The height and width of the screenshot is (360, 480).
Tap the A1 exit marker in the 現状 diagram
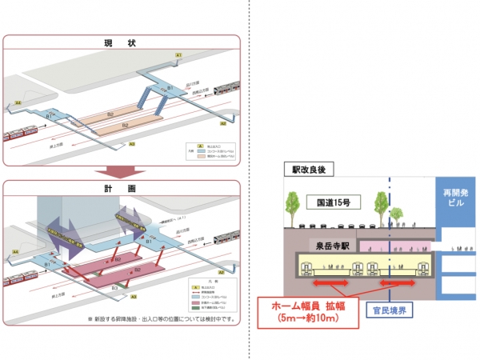point(180,54)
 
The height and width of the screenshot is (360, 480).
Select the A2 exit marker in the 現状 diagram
point(222,125)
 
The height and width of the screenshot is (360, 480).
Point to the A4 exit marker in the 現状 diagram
point(18,103)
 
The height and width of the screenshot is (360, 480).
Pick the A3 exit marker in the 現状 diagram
point(132,144)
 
